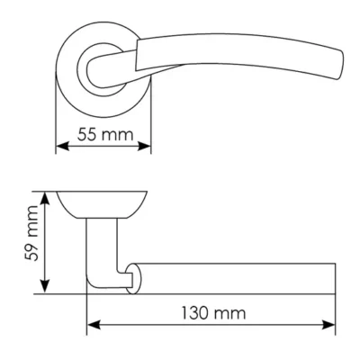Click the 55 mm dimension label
coord(105,135)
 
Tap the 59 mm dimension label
coord(31,233)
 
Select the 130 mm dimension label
coord(213,313)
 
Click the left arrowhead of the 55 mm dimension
coord(62,147)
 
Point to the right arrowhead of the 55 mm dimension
coord(144,147)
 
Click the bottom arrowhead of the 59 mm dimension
coord(45,286)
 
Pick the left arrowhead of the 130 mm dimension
coord(94,325)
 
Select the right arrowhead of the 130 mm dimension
coord(328,325)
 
